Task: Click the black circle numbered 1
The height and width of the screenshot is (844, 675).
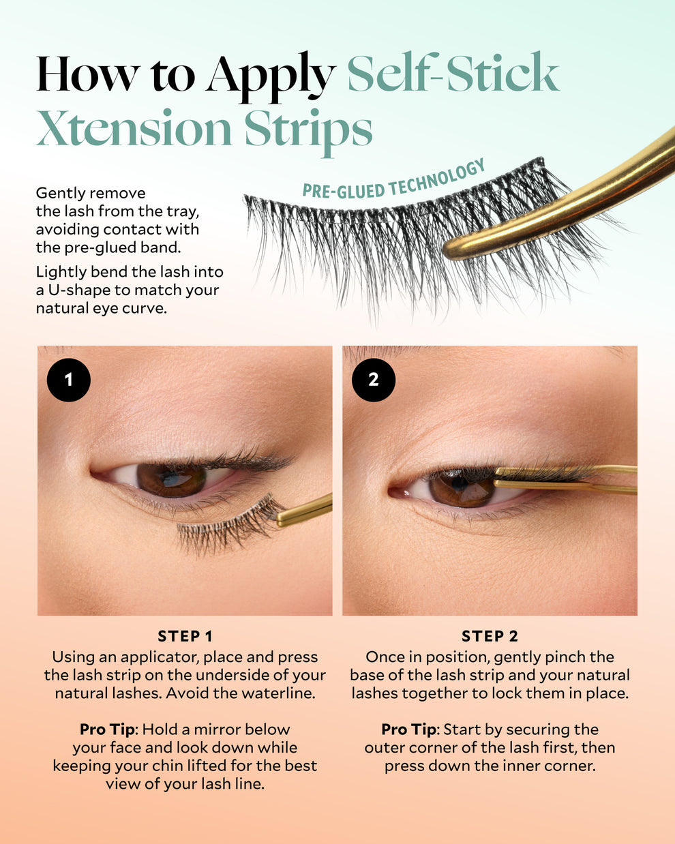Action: (x=69, y=380)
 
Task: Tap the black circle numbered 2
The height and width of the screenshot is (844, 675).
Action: (x=374, y=380)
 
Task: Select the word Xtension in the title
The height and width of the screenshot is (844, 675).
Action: (x=134, y=127)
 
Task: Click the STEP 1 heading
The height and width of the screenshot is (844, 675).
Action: (x=185, y=636)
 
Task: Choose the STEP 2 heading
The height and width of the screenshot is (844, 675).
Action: (x=490, y=636)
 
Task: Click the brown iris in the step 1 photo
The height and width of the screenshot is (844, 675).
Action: (x=170, y=480)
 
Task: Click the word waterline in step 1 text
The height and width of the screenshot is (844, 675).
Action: (x=278, y=693)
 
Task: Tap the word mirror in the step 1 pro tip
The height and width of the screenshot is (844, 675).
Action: (x=215, y=730)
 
